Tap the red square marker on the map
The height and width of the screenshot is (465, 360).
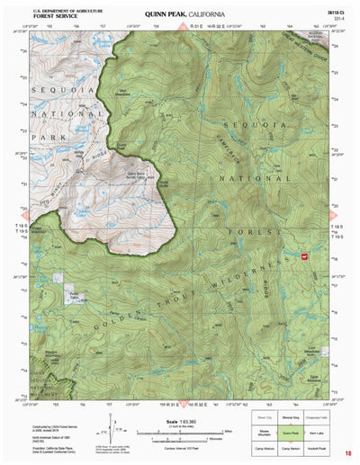(x=303, y=256)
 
